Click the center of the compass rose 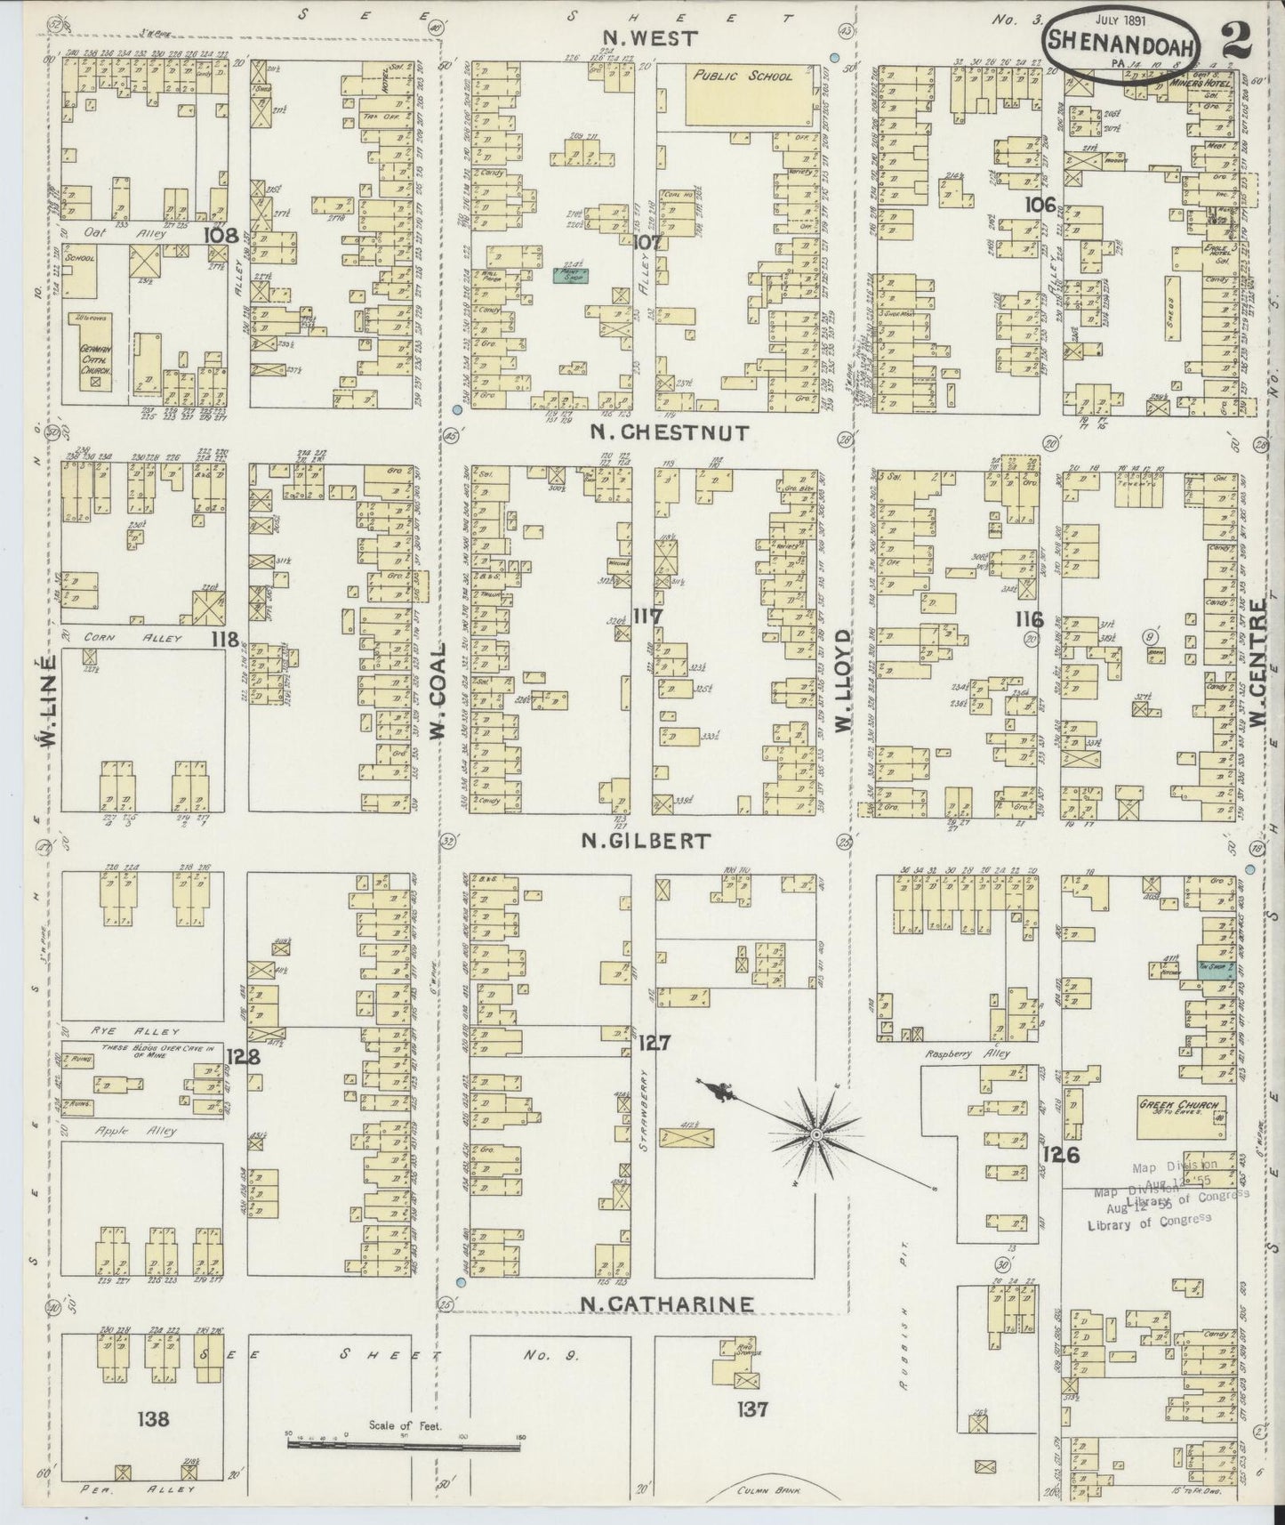(815, 1135)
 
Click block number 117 (648, 614)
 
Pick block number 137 (751, 1408)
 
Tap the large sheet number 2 (1233, 39)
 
